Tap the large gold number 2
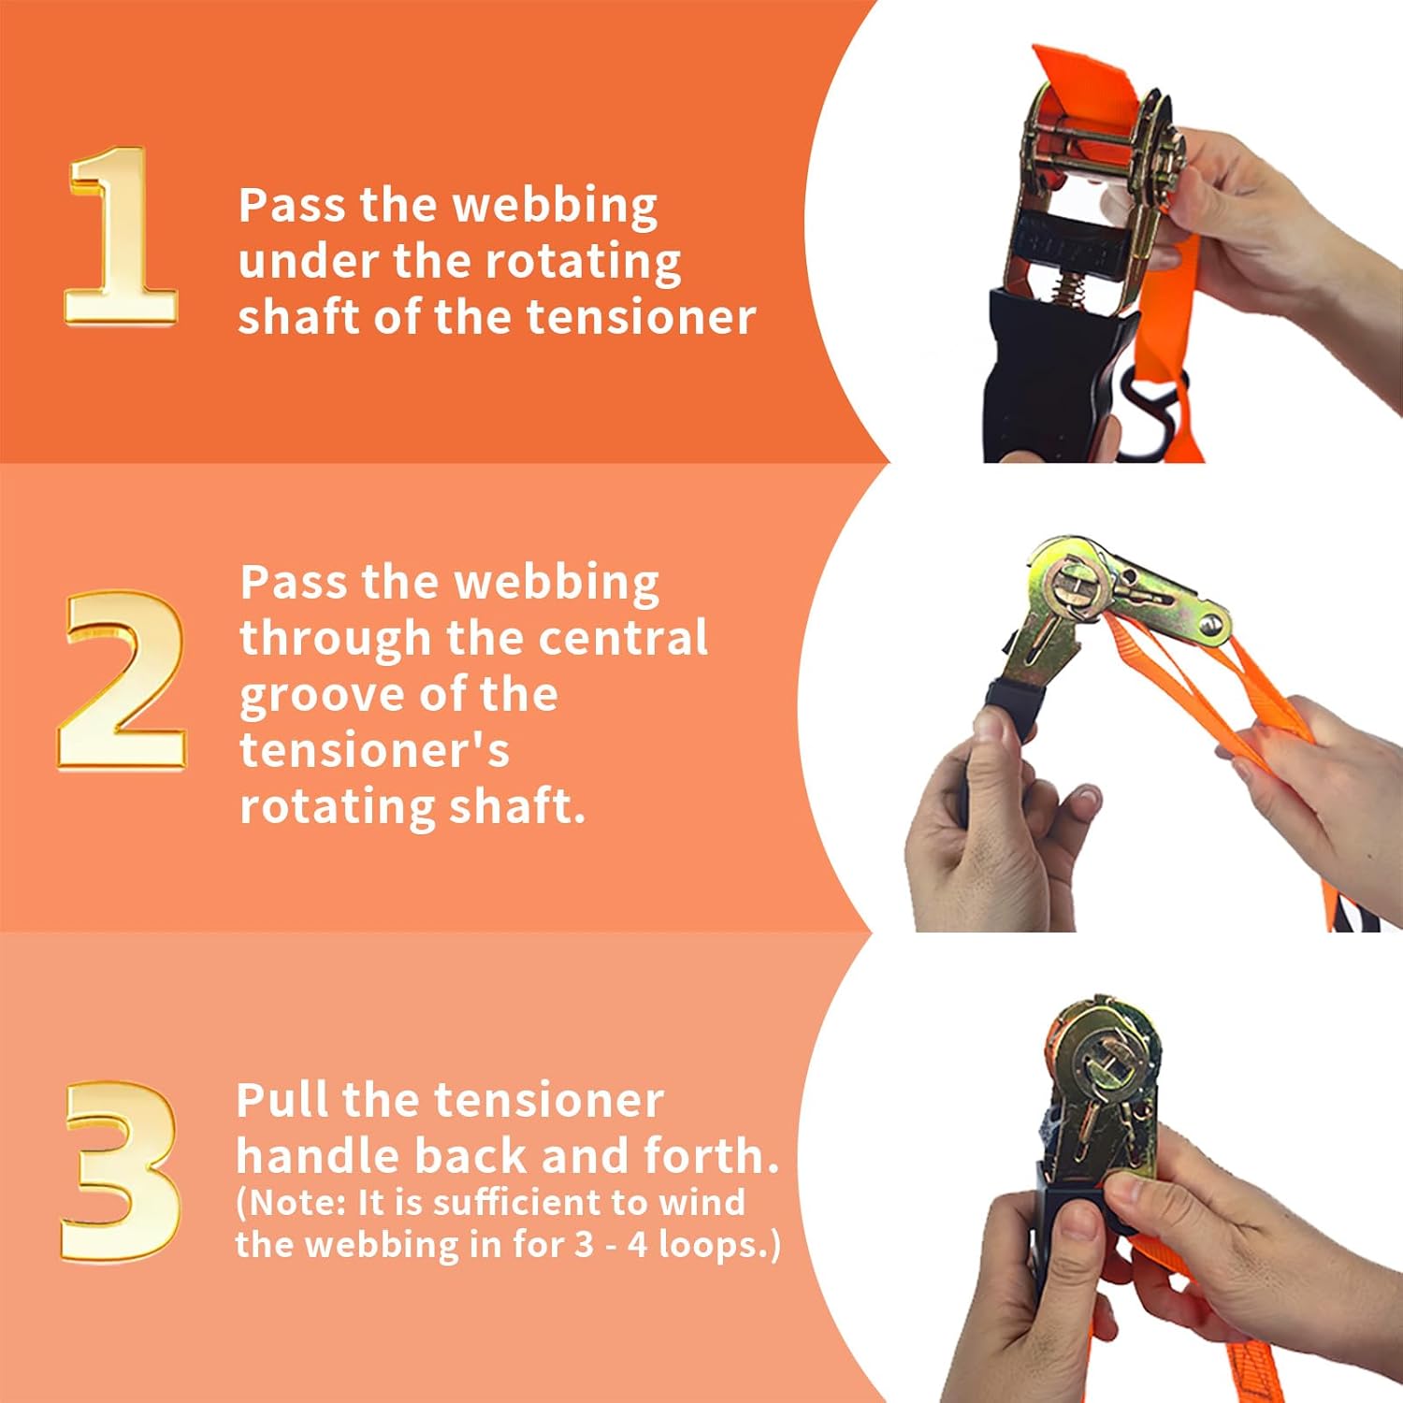pyautogui.click(x=122, y=680)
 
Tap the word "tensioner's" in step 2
pyautogui.click(x=374, y=751)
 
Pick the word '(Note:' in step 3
pyautogui.click(x=291, y=1203)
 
